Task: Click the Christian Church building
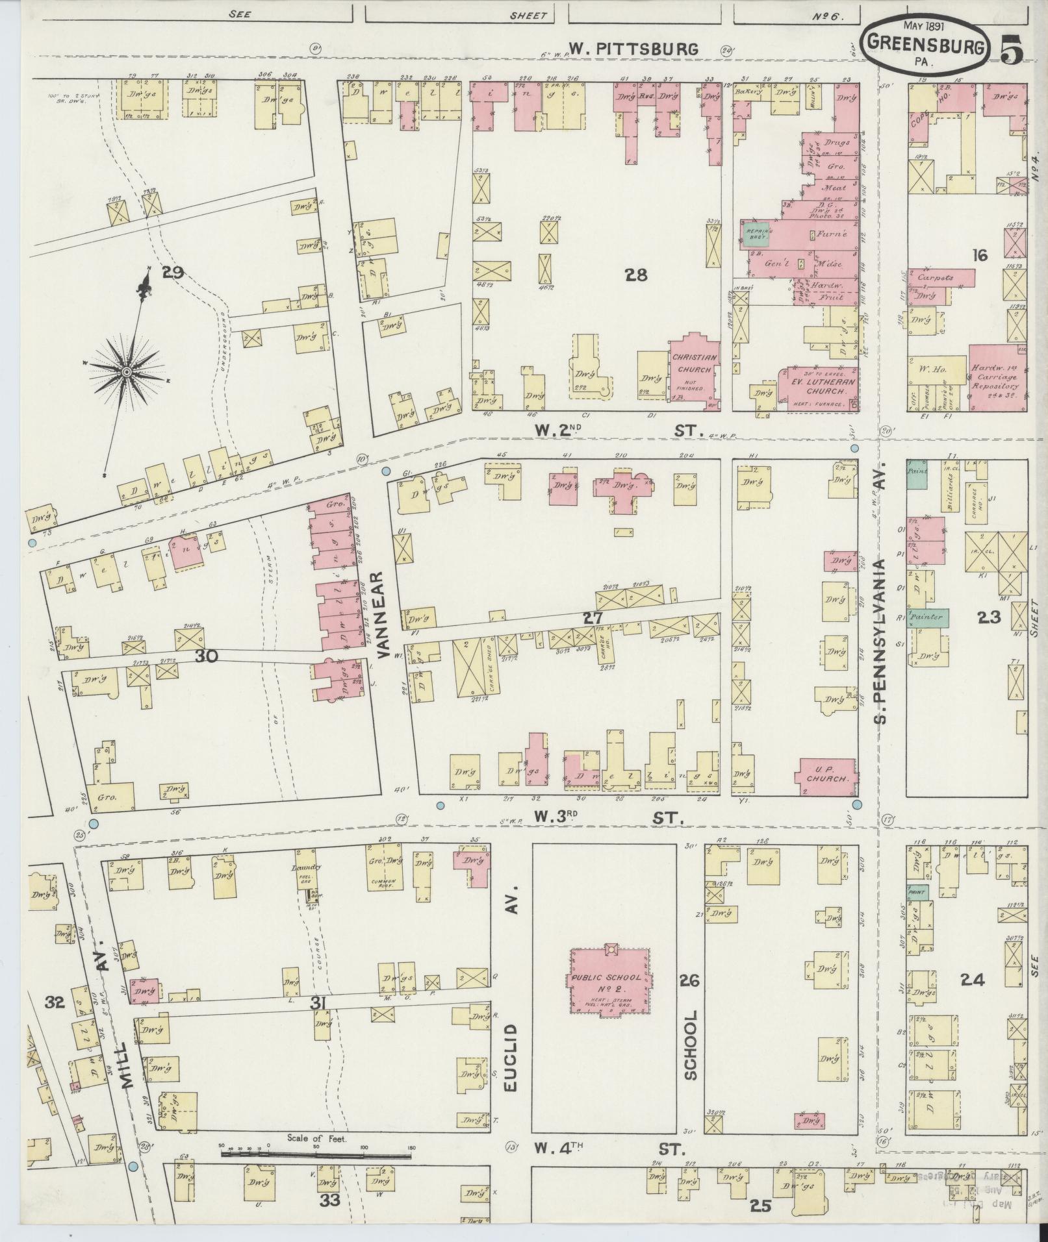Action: point(695,371)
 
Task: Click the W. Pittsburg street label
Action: point(634,49)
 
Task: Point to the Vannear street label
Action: point(382,614)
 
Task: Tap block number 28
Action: point(636,275)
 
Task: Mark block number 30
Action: point(206,657)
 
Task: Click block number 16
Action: point(979,255)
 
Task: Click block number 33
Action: point(330,1200)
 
